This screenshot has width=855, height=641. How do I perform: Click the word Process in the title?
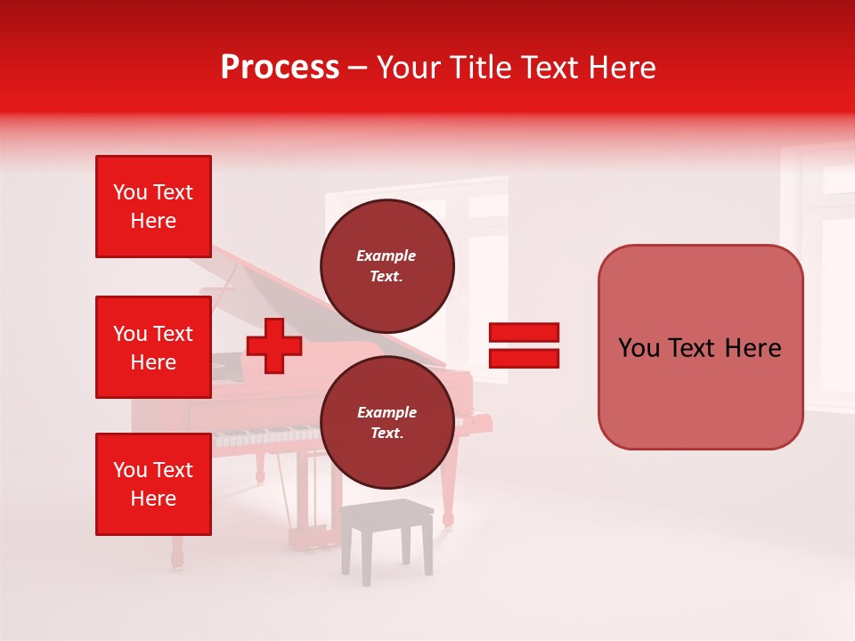[280, 68]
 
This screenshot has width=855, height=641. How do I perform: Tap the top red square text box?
[153, 207]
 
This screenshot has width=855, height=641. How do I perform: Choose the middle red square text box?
[153, 347]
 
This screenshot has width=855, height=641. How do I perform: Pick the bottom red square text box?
[153, 484]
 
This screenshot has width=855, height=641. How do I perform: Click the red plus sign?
[274, 346]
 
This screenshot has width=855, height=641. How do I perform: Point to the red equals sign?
[524, 345]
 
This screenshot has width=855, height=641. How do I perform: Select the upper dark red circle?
[387, 265]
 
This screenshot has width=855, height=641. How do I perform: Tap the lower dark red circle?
[387, 422]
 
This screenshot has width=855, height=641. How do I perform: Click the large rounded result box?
[700, 347]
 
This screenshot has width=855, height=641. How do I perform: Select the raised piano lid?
[267, 285]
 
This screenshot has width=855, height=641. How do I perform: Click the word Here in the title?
[624, 68]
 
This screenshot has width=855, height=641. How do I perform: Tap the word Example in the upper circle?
[386, 256]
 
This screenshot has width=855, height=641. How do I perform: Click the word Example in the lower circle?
[387, 412]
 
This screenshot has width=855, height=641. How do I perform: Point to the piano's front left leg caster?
[177, 560]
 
